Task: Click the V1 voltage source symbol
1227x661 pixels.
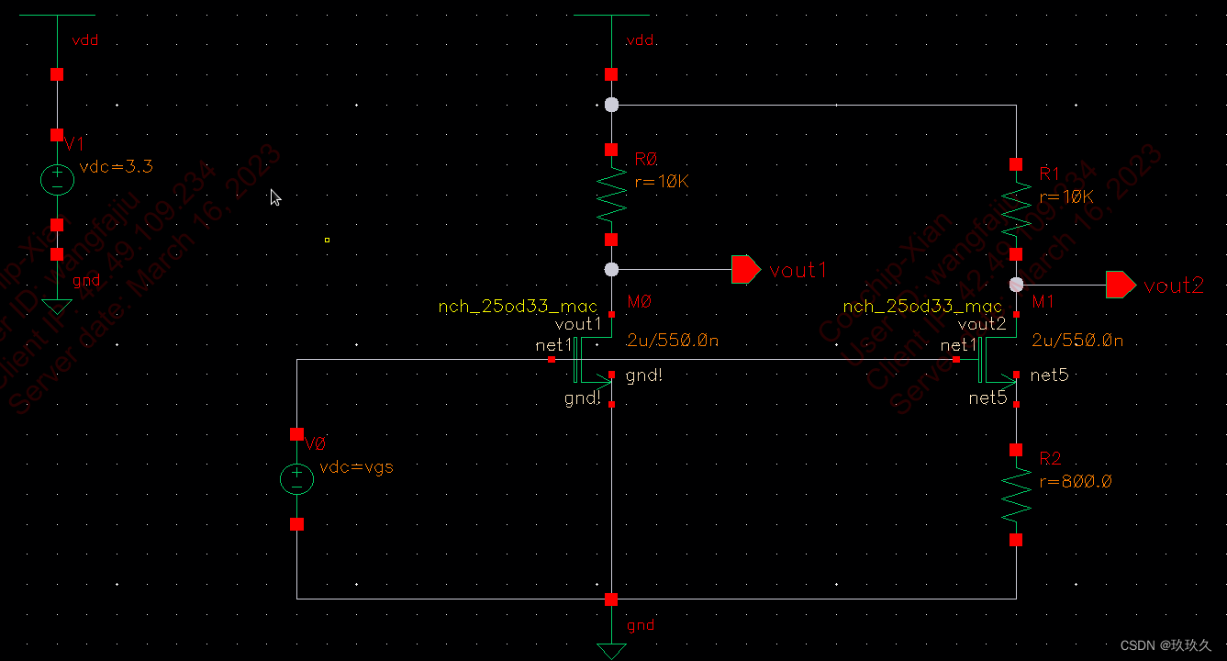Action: coord(57,179)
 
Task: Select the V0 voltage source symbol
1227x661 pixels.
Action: coord(296,478)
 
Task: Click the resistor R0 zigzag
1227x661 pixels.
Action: coord(611,195)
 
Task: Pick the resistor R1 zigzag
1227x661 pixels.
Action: coord(1016,209)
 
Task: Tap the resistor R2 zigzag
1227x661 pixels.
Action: coord(1016,495)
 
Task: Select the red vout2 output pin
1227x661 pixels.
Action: coord(1120,285)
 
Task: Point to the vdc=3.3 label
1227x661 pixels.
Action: coord(117,167)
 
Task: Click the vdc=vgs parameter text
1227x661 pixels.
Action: coord(356,466)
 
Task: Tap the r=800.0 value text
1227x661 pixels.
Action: coord(1076,481)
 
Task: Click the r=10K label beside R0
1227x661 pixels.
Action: coord(662,182)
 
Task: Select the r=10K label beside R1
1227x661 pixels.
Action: coord(1066,196)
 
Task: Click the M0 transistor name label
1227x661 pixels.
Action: coord(639,302)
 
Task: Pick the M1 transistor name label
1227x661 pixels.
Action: coord(1043,302)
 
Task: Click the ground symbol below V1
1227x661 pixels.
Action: coord(57,306)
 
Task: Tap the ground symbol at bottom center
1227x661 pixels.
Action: coord(611,650)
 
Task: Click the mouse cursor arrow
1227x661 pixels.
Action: coord(275,197)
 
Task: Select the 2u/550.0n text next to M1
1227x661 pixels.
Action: coord(1077,341)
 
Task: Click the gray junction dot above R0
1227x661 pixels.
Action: coord(612,106)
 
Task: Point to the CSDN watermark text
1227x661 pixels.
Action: coord(1166,645)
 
